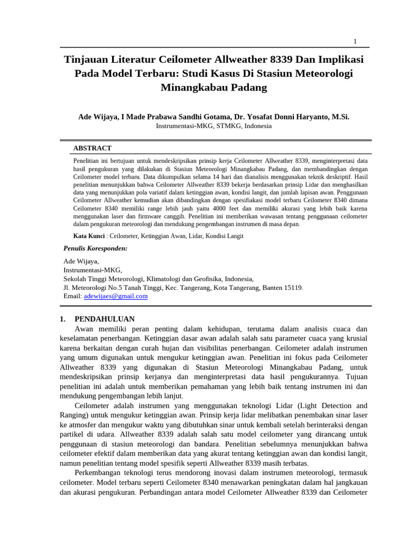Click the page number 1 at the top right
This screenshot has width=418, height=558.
click(x=355, y=41)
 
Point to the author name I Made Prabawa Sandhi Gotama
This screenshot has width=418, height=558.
click(x=175, y=117)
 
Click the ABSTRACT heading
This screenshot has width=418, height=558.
click(x=92, y=148)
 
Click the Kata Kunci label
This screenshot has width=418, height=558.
click(x=89, y=236)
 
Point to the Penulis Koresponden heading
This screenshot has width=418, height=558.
click(x=95, y=248)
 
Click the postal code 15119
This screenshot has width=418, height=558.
click(x=292, y=287)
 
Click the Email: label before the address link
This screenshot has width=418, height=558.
click(x=72, y=296)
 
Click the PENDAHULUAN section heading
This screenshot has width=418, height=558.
click(x=104, y=319)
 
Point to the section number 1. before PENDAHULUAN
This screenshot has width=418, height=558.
click(x=63, y=319)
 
